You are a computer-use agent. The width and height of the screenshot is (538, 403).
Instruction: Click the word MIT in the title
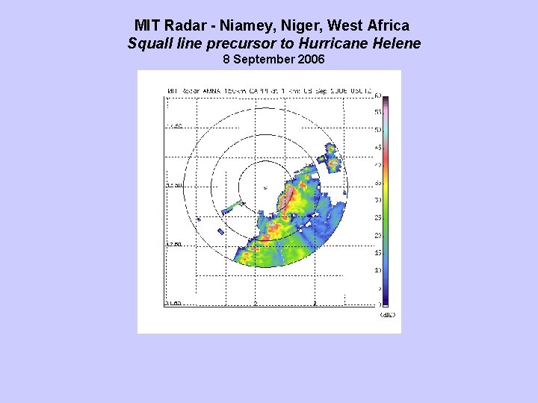tap(147, 26)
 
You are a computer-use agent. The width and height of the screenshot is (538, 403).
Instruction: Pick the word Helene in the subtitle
tap(399, 43)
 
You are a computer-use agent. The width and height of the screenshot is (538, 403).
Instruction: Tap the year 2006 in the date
tap(311, 59)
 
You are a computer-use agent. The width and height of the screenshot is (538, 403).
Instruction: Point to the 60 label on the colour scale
tap(378, 96)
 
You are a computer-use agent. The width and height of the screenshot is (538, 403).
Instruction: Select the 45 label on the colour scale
tap(378, 148)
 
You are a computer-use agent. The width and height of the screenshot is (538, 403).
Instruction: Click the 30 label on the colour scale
tap(378, 200)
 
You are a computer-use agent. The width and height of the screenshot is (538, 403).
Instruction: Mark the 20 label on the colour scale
tap(378, 235)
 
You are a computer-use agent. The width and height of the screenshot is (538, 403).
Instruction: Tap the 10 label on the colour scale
tap(378, 269)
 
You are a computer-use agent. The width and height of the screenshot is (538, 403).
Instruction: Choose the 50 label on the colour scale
tap(378, 130)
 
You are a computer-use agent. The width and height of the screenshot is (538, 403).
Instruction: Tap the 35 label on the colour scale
tap(378, 182)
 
